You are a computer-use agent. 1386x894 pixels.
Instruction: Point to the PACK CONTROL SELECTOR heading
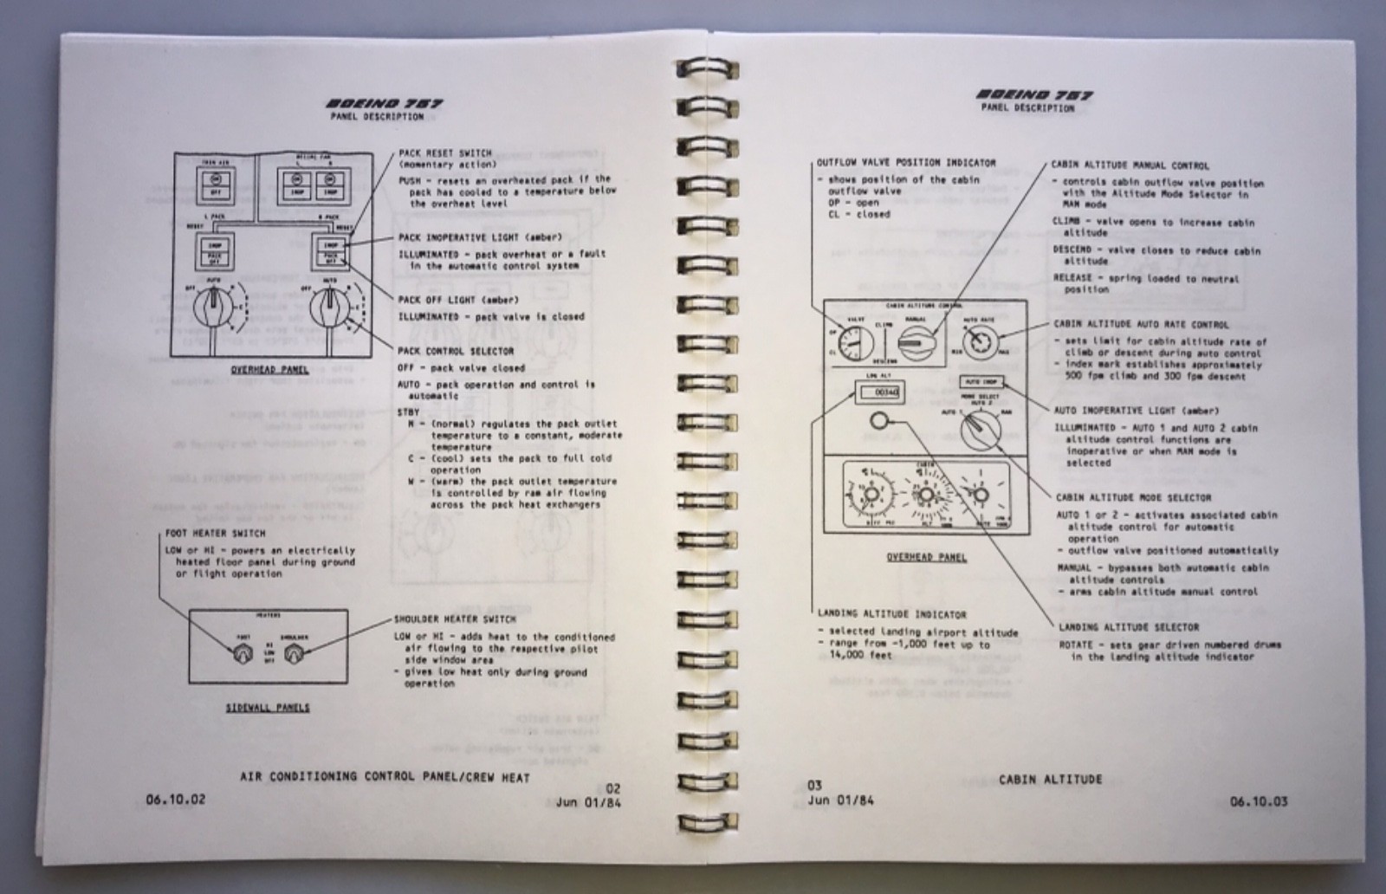456,351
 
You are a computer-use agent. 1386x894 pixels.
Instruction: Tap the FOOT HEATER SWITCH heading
215,534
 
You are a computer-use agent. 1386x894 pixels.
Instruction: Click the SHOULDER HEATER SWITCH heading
455,619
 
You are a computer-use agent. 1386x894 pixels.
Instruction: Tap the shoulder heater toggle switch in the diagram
297,653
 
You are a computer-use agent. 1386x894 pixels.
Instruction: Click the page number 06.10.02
170,800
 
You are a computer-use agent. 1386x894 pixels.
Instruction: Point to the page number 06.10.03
1258,801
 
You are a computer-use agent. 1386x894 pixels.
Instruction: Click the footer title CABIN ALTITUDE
1050,780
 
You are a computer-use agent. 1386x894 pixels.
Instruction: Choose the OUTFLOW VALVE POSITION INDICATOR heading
905,162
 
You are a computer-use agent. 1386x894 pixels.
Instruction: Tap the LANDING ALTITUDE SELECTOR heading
1128,626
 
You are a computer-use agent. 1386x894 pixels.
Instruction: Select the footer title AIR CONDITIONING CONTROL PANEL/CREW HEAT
385,777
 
